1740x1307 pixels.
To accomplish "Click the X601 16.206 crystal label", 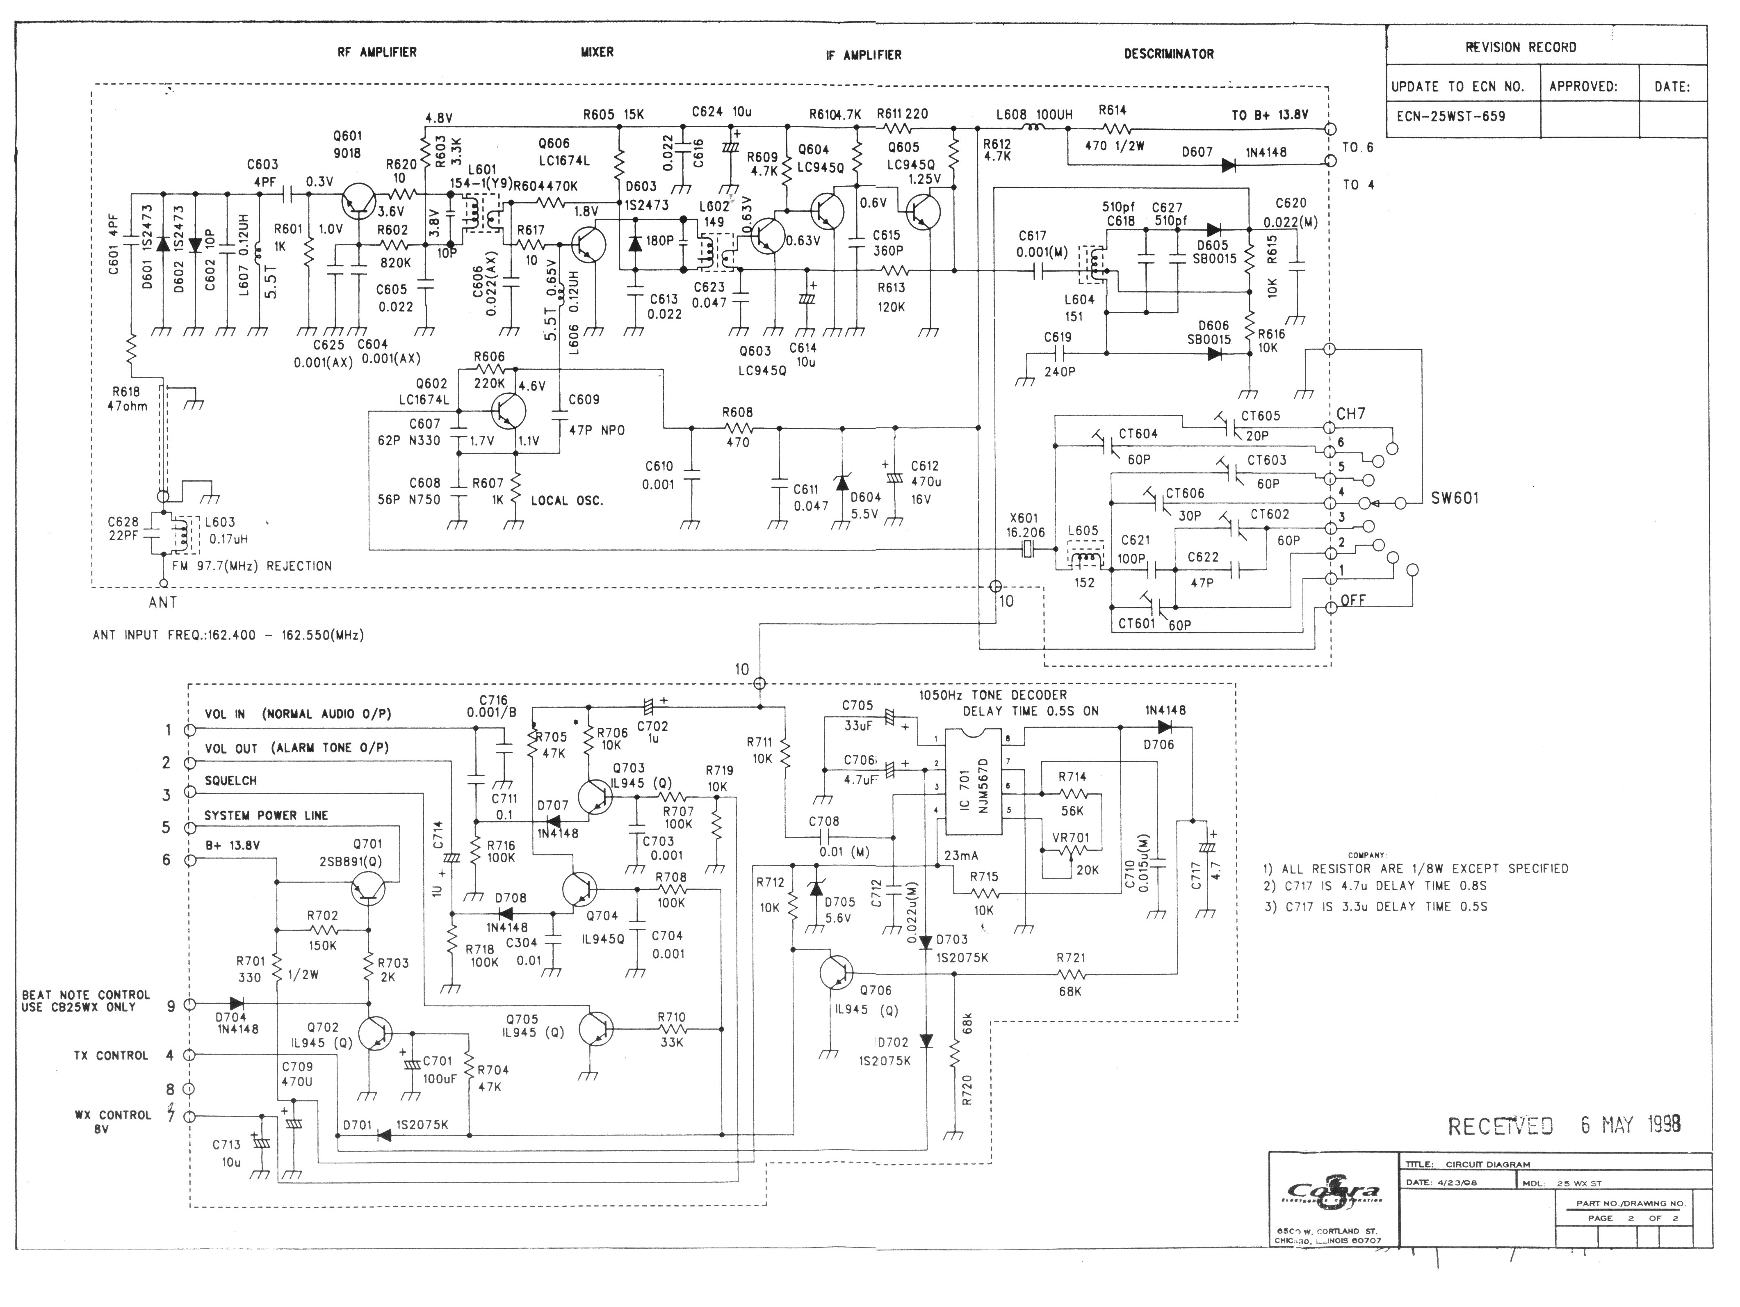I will (1024, 525).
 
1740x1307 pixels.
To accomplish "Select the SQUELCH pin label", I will (230, 781).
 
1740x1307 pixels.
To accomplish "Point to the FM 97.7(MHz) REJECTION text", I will (252, 566).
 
